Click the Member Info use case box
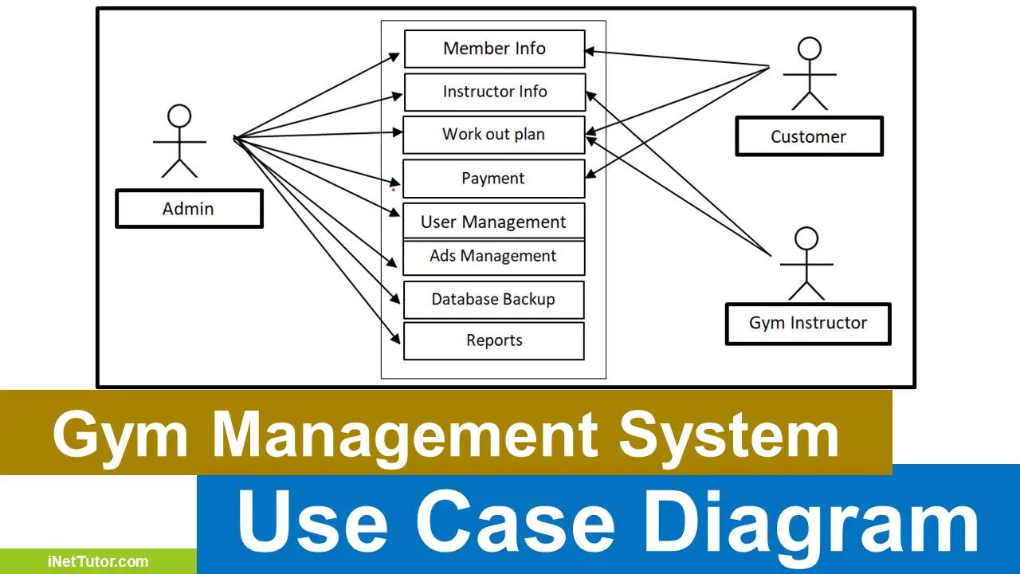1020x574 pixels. pos(494,49)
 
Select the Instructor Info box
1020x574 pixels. pos(494,92)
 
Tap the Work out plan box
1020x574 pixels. pos(493,134)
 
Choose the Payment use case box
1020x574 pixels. pos(493,179)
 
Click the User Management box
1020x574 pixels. pos(493,222)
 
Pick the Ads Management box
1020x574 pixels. pos(493,257)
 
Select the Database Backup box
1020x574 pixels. pos(493,300)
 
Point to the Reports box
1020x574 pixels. pos(494,340)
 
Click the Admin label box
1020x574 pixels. pos(189,209)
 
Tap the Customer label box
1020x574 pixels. pos(808,136)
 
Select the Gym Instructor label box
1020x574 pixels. pos(807,323)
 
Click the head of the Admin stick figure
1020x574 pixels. pos(179,116)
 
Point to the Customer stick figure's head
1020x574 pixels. pos(810,49)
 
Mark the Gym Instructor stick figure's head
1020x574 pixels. pos(806,238)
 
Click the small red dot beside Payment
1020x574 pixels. pos(393,190)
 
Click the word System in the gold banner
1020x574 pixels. pos(728,435)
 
